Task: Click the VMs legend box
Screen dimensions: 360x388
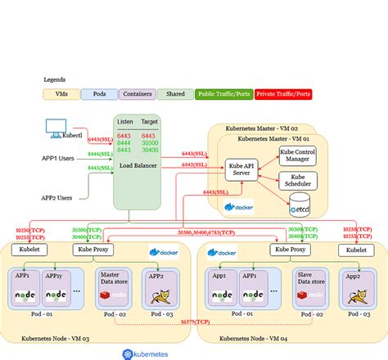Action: [61, 94]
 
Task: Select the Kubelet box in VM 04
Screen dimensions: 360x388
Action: [356, 249]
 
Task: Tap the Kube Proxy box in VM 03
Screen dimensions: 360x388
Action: [92, 249]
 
